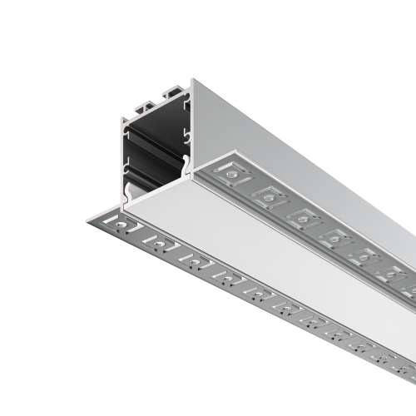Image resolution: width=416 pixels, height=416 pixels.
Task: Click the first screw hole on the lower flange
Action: [123, 224]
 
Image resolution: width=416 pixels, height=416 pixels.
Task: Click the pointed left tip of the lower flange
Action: [87, 219]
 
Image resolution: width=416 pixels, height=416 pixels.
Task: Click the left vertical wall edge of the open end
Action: [122, 158]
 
